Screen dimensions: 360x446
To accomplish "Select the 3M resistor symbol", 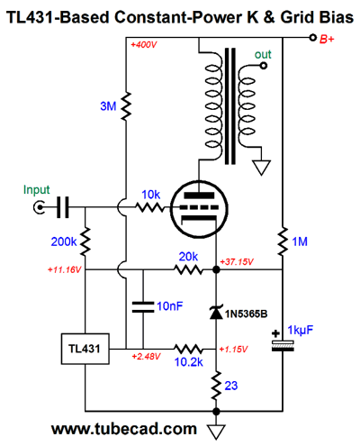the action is [x=126, y=106].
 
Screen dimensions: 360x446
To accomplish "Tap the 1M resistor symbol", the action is [x=283, y=241].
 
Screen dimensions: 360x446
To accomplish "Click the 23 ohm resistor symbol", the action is [x=216, y=386].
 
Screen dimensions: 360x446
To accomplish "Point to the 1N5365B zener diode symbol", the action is [x=216, y=313].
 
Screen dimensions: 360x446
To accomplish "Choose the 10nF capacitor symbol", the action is [x=143, y=307].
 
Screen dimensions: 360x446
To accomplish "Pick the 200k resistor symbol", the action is [x=85, y=241].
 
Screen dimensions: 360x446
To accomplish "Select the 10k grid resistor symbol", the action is [x=149, y=207].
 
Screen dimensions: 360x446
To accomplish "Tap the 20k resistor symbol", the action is [x=188, y=269].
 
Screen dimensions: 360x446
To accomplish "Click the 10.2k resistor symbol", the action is [x=188, y=349].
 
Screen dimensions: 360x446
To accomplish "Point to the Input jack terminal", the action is [x=39, y=207].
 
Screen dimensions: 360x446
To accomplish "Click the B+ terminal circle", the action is [x=313, y=38].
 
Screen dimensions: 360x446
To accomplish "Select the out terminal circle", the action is [x=264, y=66].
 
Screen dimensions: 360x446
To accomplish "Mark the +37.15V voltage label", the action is [x=237, y=262].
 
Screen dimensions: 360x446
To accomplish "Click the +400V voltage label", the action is [x=144, y=45].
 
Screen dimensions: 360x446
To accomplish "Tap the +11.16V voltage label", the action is [x=64, y=269].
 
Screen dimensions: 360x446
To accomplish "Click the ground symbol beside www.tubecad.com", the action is [x=216, y=432].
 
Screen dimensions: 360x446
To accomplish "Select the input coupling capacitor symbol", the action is [x=63, y=207].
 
